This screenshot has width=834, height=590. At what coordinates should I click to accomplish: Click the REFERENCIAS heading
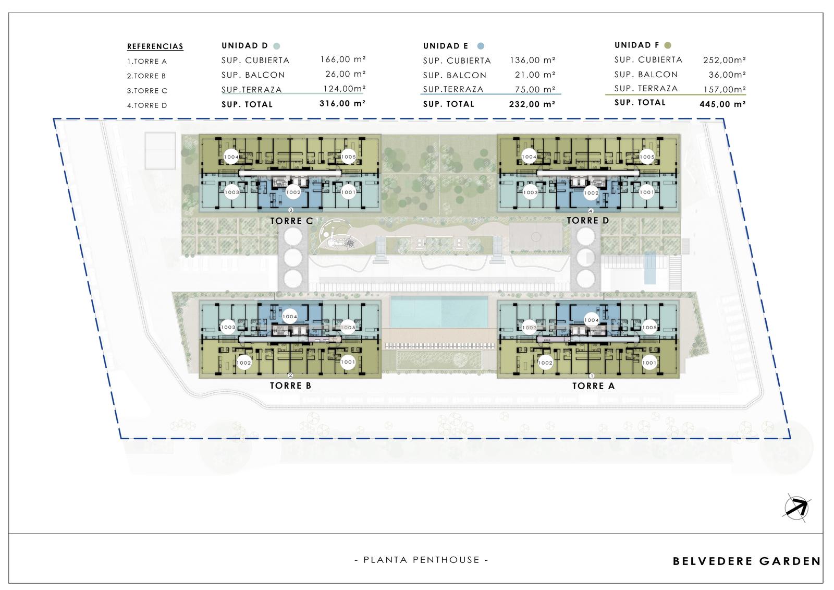[x=155, y=46]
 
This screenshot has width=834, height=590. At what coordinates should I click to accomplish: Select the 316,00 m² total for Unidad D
[x=342, y=104]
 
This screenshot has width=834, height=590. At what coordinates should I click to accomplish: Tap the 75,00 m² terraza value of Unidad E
[x=535, y=89]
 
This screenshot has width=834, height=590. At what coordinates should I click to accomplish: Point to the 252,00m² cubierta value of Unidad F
[x=724, y=60]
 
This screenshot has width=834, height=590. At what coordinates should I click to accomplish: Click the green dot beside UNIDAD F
[x=668, y=45]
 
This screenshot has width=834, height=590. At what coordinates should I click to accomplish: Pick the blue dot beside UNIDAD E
[x=481, y=46]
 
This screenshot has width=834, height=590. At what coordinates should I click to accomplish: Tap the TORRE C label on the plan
[x=291, y=221]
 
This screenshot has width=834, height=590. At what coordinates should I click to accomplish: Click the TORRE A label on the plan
[x=594, y=386]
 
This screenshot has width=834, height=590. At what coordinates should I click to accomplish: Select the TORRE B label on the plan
[x=290, y=386]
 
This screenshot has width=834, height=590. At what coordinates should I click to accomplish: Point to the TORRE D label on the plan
[x=588, y=221]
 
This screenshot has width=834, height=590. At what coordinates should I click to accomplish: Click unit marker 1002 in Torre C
[x=293, y=192]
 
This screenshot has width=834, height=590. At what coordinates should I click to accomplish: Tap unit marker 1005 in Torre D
[x=647, y=157]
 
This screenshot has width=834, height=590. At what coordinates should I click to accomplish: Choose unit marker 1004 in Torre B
[x=290, y=317]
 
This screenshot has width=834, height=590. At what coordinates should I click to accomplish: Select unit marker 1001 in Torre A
[x=649, y=363]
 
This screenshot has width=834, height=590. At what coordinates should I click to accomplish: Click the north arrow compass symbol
[x=796, y=508]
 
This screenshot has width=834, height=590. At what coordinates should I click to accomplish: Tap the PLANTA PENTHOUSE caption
[x=421, y=560]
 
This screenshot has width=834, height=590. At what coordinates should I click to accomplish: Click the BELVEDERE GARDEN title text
[x=746, y=561]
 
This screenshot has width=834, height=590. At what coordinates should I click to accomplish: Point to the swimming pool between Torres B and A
[x=439, y=312]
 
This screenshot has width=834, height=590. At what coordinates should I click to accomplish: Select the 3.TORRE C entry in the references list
[x=147, y=91]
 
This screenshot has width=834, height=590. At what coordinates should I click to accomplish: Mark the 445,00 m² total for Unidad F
[x=722, y=104]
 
